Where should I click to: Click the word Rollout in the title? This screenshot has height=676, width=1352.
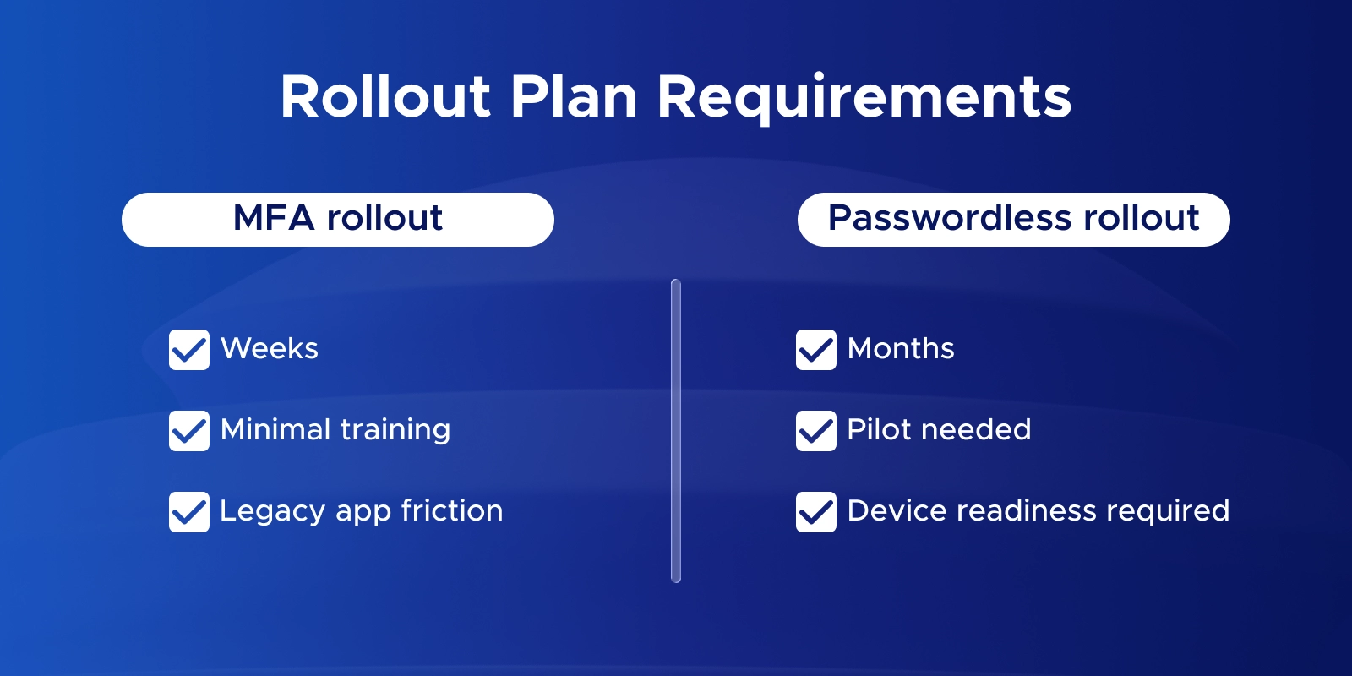click(385, 96)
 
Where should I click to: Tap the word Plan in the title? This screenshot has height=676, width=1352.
click(574, 96)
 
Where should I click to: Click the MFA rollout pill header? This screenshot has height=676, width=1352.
click(338, 219)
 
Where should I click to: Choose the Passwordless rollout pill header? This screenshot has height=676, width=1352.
click(1013, 219)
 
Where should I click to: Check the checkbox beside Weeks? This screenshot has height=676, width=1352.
click(189, 350)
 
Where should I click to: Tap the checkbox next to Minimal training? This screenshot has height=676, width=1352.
click(189, 431)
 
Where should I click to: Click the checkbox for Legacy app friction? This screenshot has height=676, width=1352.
click(189, 512)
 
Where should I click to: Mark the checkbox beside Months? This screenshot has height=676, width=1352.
click(816, 350)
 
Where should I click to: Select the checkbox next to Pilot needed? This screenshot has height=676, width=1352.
click(816, 431)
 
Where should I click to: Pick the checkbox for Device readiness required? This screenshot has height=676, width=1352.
click(816, 512)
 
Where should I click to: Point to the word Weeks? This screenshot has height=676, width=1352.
click(270, 348)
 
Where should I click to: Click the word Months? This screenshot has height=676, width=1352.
click(901, 348)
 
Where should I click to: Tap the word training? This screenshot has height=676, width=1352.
click(395, 431)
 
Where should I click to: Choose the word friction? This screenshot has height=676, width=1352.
click(452, 510)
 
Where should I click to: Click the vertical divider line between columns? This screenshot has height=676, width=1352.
click(676, 431)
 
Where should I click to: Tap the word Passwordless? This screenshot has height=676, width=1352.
click(951, 217)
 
